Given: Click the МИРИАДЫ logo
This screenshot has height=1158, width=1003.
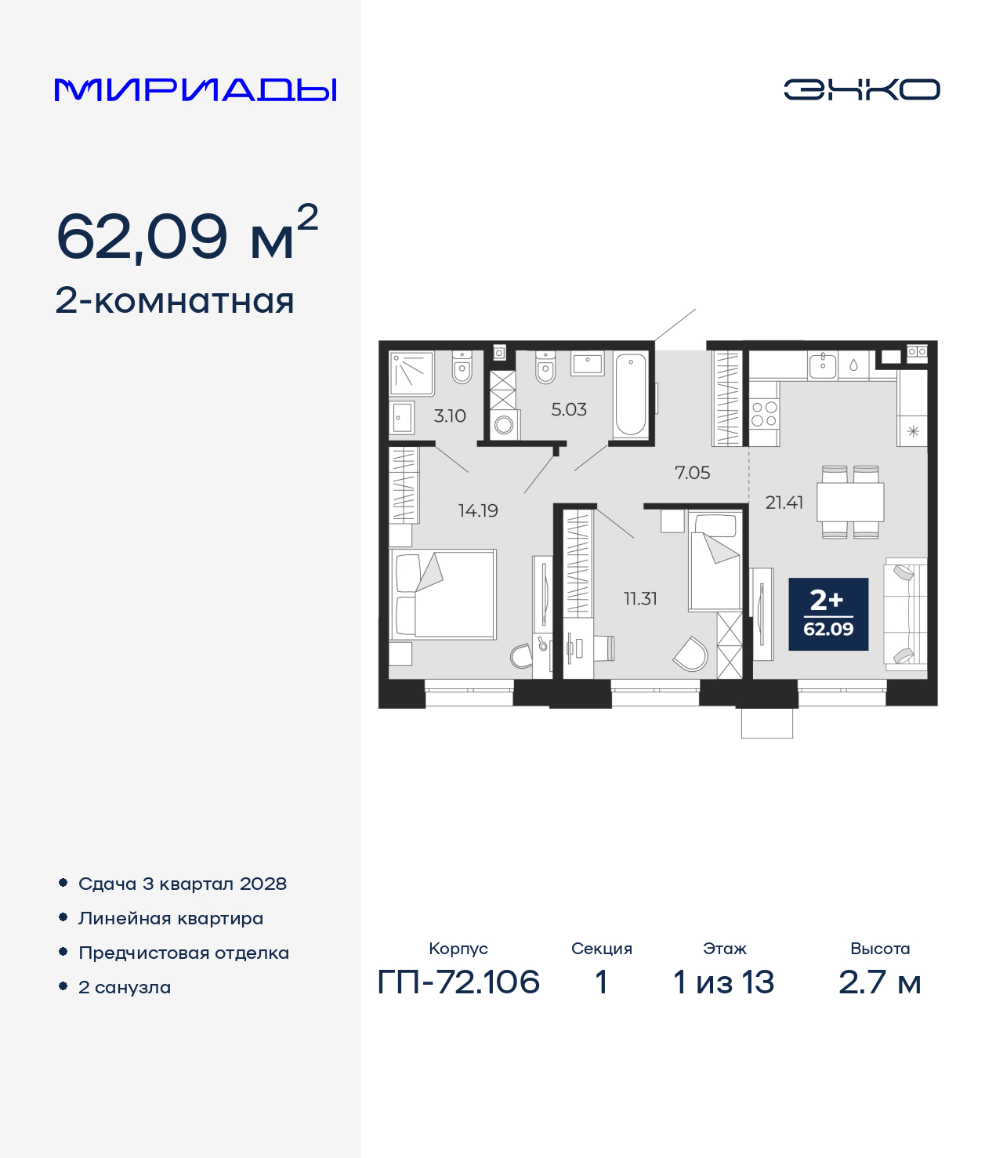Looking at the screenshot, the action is click(x=195, y=89).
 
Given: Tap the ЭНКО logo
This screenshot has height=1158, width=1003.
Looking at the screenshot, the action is click(x=861, y=89).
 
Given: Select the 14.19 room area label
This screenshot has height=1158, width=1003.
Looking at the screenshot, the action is click(x=478, y=510).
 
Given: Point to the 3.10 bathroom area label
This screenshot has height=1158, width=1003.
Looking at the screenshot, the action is click(x=450, y=416).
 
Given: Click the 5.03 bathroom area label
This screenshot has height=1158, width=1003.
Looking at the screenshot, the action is click(x=569, y=409).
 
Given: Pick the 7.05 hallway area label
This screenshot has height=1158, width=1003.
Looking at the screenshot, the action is click(x=693, y=473).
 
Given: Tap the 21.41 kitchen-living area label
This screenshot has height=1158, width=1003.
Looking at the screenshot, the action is click(x=784, y=503).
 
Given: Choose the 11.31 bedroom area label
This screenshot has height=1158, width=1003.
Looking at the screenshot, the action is click(x=641, y=599).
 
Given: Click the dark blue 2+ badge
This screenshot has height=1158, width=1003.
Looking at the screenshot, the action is click(x=828, y=614).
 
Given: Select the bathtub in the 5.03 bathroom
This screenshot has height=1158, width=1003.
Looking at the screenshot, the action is click(x=631, y=395).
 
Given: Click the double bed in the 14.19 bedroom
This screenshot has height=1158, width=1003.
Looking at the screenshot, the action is click(x=443, y=594).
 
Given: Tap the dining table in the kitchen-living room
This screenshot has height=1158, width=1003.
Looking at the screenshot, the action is click(x=850, y=502).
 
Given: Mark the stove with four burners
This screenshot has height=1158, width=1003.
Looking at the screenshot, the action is click(x=765, y=414).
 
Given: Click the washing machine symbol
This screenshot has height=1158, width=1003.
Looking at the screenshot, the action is click(x=504, y=425).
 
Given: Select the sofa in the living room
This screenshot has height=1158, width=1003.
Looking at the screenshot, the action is click(x=906, y=614).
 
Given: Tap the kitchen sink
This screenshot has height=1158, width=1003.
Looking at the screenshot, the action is click(x=823, y=366).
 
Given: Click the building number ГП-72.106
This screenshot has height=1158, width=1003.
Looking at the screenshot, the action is click(x=458, y=982).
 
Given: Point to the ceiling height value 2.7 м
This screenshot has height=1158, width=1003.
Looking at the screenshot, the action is click(x=880, y=982).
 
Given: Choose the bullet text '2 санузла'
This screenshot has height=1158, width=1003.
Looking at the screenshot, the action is click(x=125, y=987).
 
